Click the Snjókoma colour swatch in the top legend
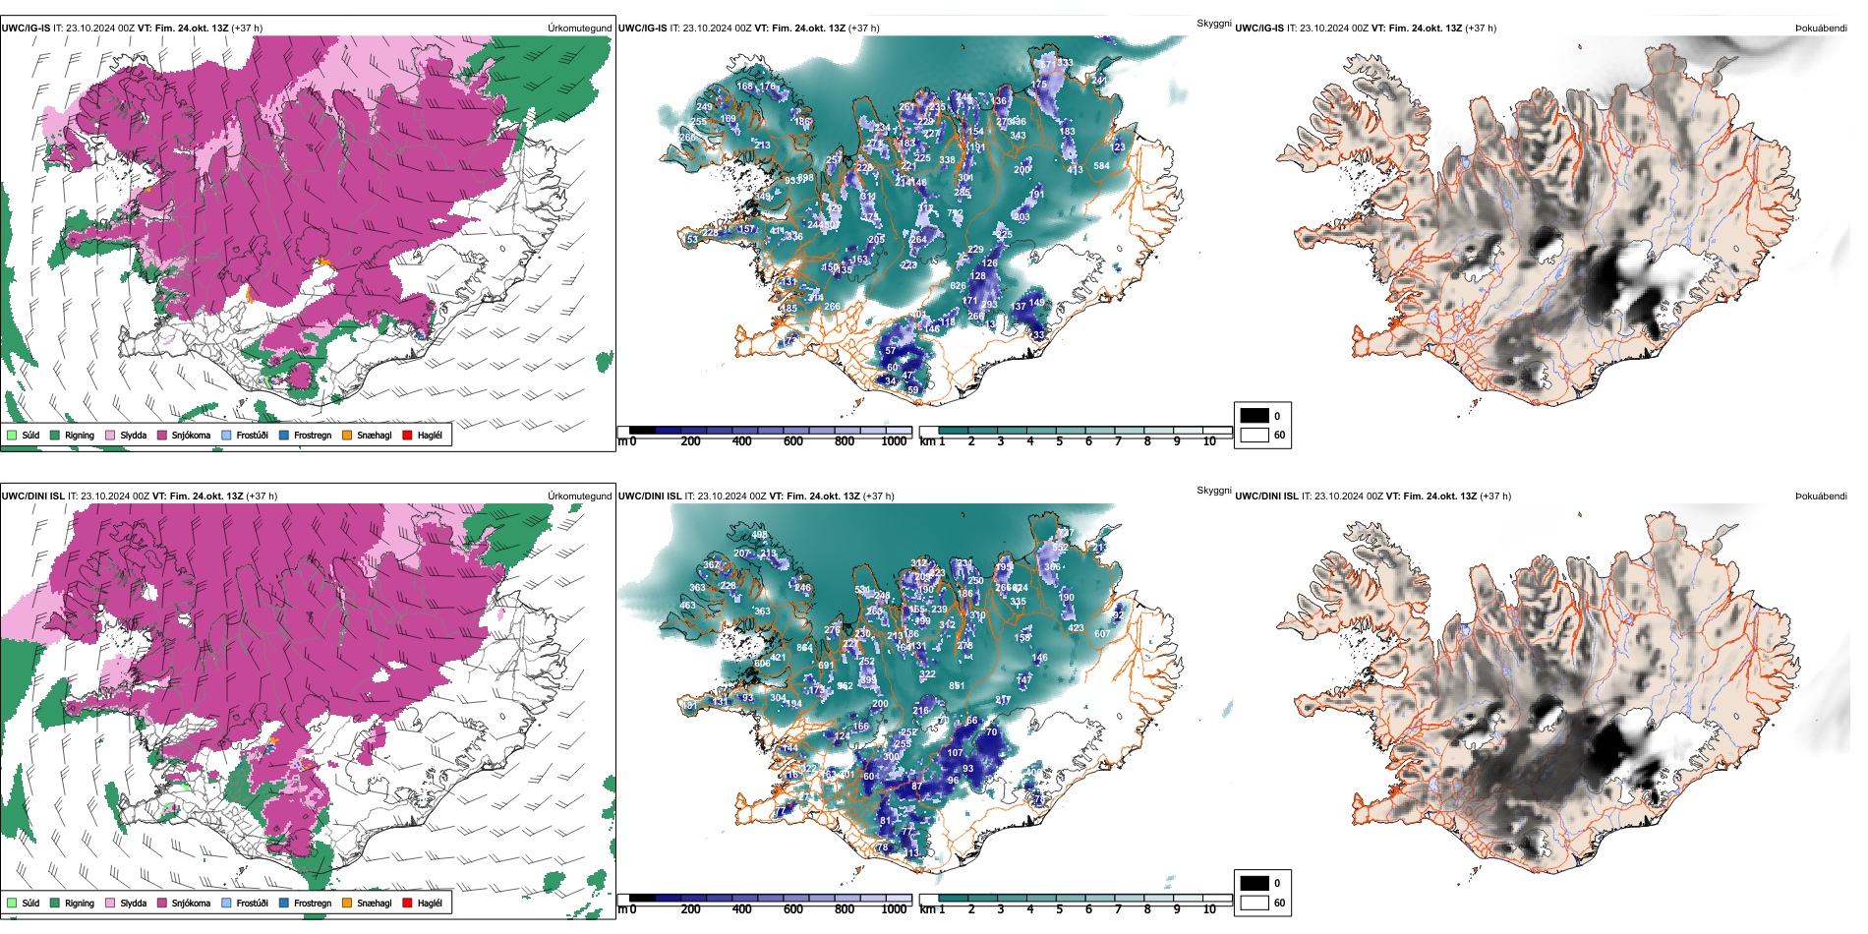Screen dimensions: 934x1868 [x=162, y=435]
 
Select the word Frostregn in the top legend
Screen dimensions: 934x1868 [x=312, y=435]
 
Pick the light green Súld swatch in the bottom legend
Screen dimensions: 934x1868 [x=12, y=903]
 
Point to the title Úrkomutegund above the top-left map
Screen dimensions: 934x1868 [x=579, y=29]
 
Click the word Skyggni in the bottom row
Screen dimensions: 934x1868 [x=1213, y=490]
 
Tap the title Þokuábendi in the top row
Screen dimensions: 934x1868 [x=1821, y=29]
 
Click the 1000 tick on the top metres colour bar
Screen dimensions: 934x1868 [x=894, y=441]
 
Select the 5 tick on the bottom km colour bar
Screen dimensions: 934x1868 [x=1060, y=909]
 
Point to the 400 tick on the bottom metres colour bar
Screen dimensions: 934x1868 [x=741, y=909]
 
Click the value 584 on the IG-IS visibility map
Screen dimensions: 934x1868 [x=1101, y=166]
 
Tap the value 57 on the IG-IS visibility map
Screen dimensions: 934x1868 [x=891, y=351]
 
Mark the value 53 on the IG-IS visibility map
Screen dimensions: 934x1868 [x=692, y=240]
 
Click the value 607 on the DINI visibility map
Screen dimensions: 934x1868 [x=1102, y=634]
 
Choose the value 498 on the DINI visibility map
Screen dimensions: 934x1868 [x=759, y=535]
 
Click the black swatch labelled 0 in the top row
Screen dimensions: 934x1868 [x=1255, y=416]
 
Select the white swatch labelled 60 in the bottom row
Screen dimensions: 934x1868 [x=1255, y=903]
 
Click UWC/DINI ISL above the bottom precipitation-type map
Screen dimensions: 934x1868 [x=32, y=496]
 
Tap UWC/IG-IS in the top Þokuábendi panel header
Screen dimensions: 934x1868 [x=1259, y=29]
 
